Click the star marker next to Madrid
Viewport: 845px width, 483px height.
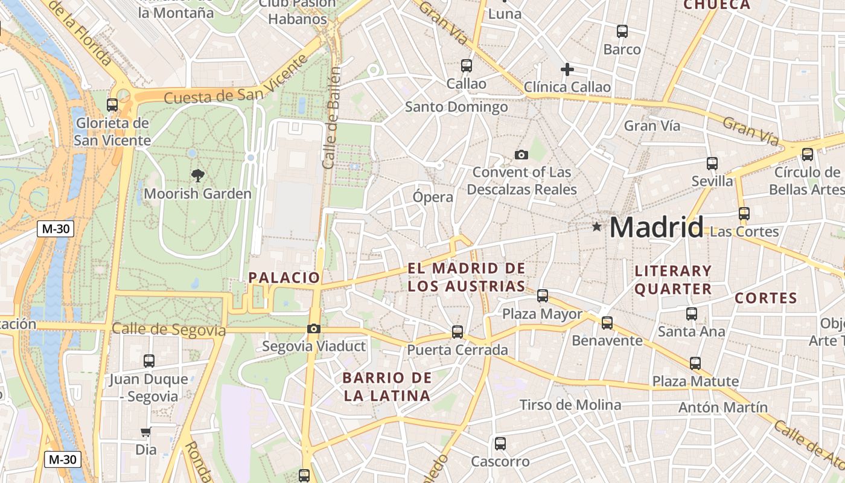[597, 227]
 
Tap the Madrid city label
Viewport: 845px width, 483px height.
[656, 228]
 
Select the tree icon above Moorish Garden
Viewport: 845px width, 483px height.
[197, 176]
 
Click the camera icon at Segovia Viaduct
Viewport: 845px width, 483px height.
[313, 329]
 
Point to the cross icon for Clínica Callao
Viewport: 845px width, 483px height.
[567, 69]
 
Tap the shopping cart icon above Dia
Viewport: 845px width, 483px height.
[145, 432]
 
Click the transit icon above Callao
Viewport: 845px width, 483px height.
[466, 66]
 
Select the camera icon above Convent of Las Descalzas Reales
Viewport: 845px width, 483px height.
[521, 155]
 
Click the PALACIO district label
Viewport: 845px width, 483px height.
[284, 278]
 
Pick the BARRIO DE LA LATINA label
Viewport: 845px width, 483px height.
[387, 387]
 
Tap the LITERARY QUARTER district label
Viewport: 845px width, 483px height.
[673, 280]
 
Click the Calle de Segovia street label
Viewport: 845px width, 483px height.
[168, 330]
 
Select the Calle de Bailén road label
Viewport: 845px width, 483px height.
[331, 118]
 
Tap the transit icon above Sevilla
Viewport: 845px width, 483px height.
[712, 164]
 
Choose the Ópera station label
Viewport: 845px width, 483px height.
[433, 197]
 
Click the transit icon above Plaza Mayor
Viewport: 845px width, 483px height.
[543, 296]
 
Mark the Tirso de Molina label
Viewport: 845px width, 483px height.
[570, 405]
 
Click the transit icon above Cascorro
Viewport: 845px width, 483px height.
[500, 444]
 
